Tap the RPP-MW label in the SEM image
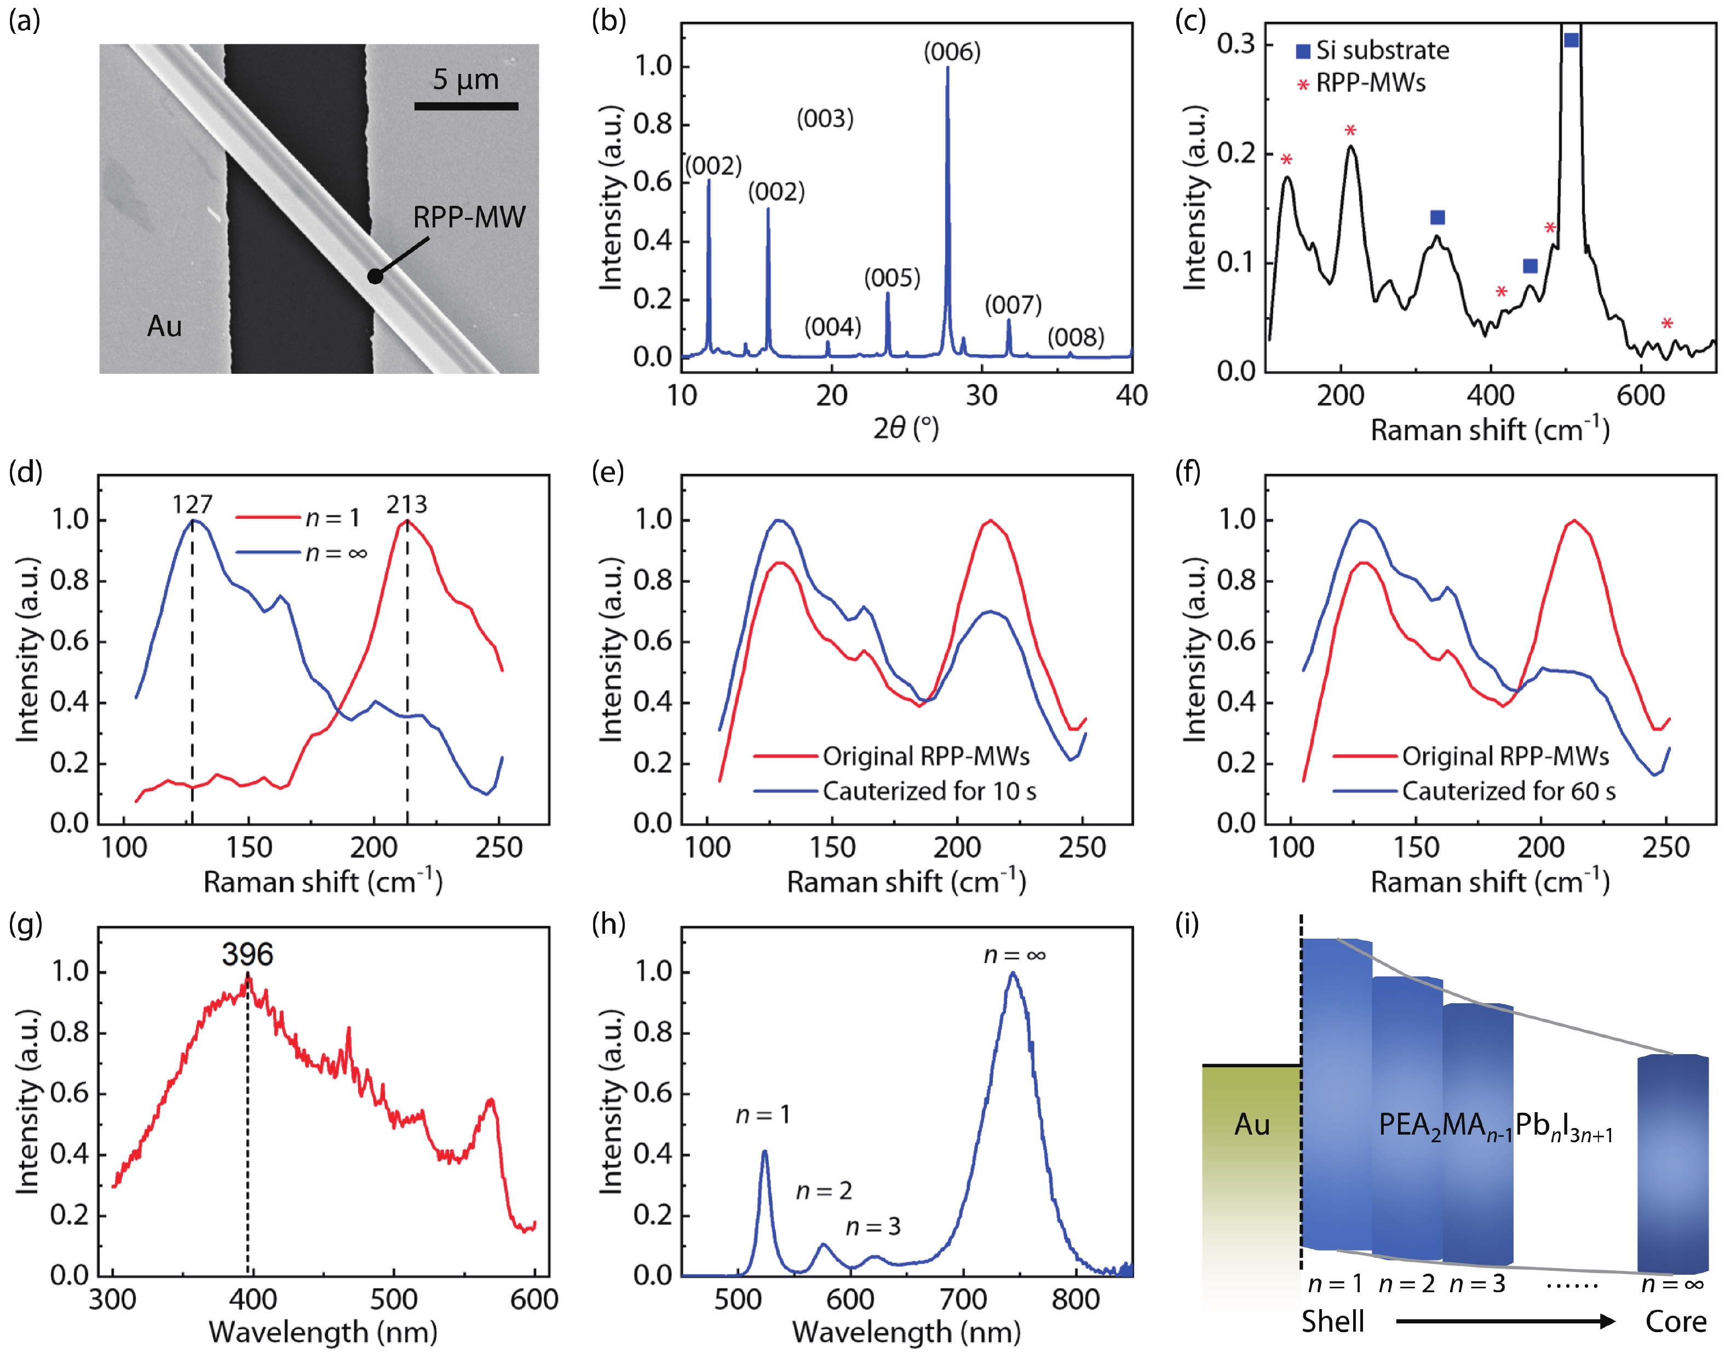(469, 217)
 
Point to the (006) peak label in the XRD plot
(952, 53)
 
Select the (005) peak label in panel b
(893, 279)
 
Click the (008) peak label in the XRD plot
(1076, 338)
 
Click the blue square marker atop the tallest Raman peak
(1571, 40)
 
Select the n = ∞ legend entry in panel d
(302, 553)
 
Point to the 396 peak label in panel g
(248, 955)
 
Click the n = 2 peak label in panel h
(824, 1190)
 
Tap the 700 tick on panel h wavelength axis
(963, 1300)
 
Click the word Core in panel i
(1676, 1322)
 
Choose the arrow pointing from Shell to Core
(1504, 1322)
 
